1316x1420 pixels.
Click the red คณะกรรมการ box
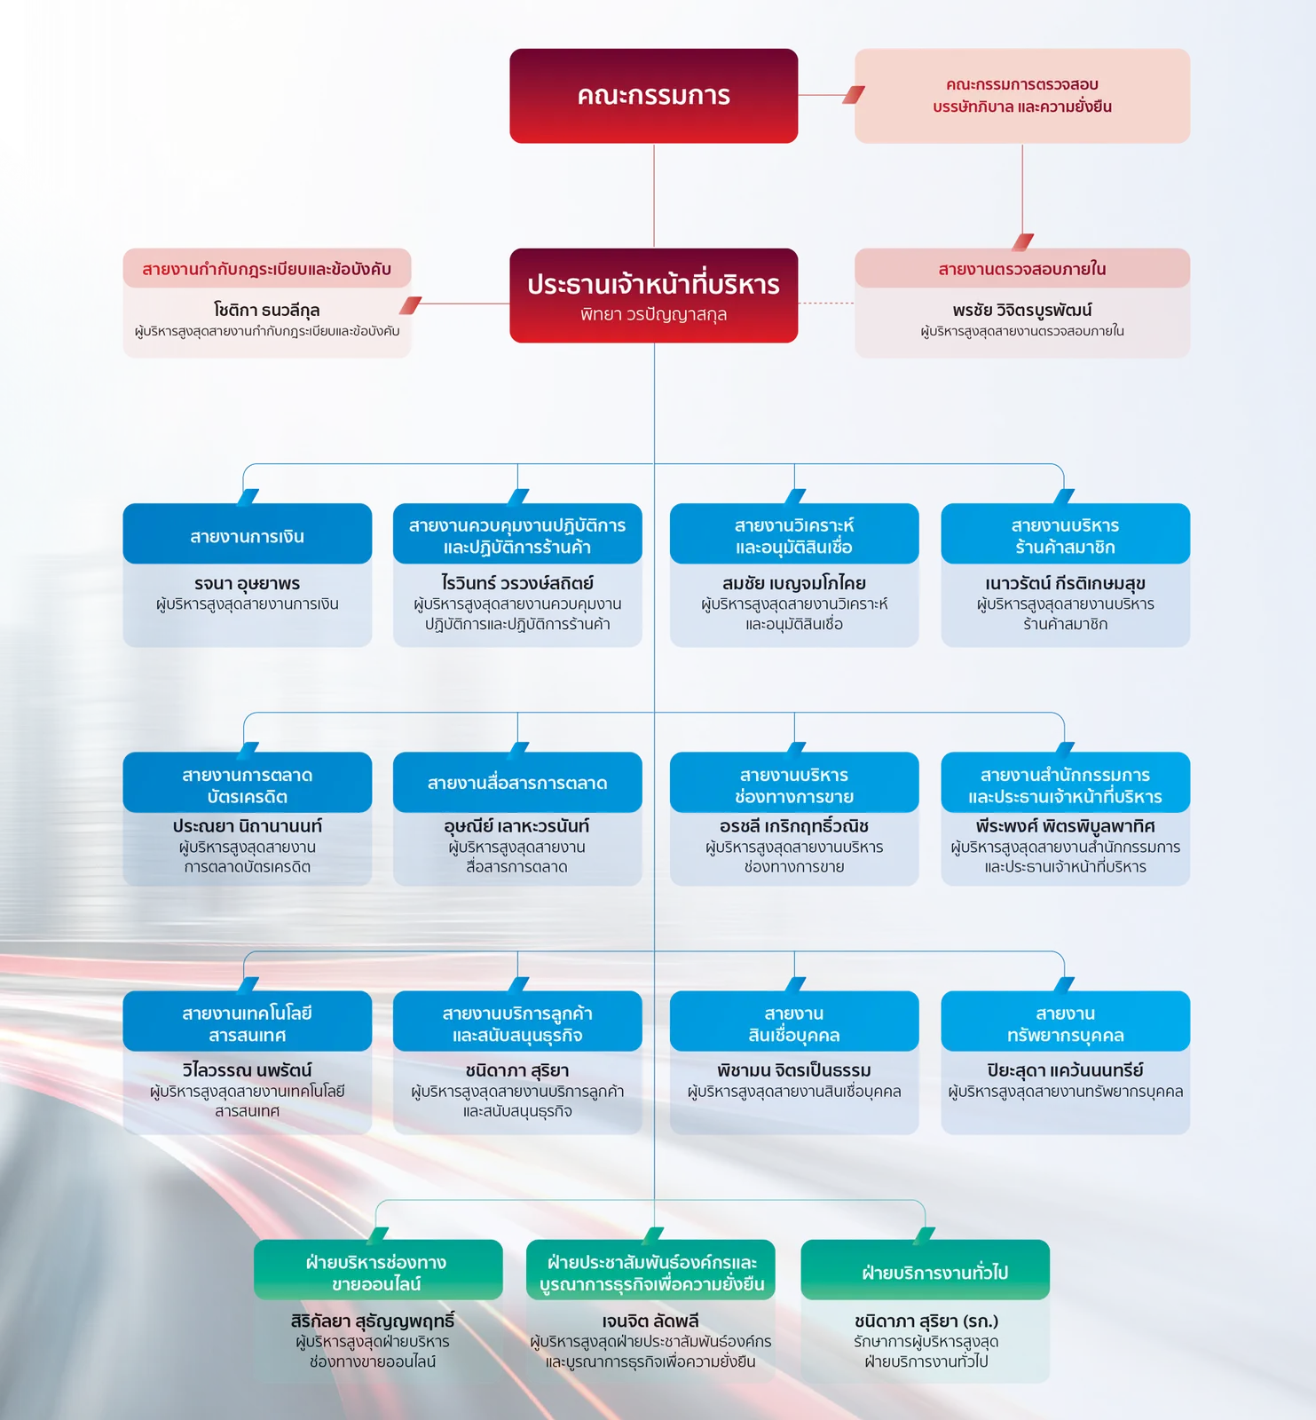pos(654,96)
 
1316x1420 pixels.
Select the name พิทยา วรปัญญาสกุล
pos(654,314)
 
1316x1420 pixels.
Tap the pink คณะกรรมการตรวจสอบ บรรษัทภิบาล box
pos(1022,96)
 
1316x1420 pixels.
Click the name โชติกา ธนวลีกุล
pos(266,310)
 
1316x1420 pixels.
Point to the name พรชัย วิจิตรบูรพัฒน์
pos(1022,310)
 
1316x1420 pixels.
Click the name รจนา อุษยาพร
pos(248,583)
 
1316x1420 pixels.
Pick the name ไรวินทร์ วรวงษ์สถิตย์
pos(517,583)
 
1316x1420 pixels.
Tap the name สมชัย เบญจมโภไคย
pos(794,583)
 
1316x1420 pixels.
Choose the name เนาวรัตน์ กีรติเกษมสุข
pos(1065,583)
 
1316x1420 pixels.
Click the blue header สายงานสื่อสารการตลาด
pos(517,782)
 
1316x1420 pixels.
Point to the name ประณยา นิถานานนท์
pos(248,826)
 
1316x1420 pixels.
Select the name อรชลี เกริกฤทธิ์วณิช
pos(794,826)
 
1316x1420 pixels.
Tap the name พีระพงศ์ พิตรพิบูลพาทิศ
pos(1065,826)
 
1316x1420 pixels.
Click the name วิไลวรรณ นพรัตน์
pos(248,1070)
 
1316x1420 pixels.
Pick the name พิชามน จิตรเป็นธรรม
pos(794,1070)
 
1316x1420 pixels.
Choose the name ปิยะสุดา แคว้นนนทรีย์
pos(1065,1070)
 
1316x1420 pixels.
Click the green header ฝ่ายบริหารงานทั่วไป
pos(926,1270)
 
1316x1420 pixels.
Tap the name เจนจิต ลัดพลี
pos(650,1321)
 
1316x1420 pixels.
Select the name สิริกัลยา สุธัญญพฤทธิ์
pos(373,1321)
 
